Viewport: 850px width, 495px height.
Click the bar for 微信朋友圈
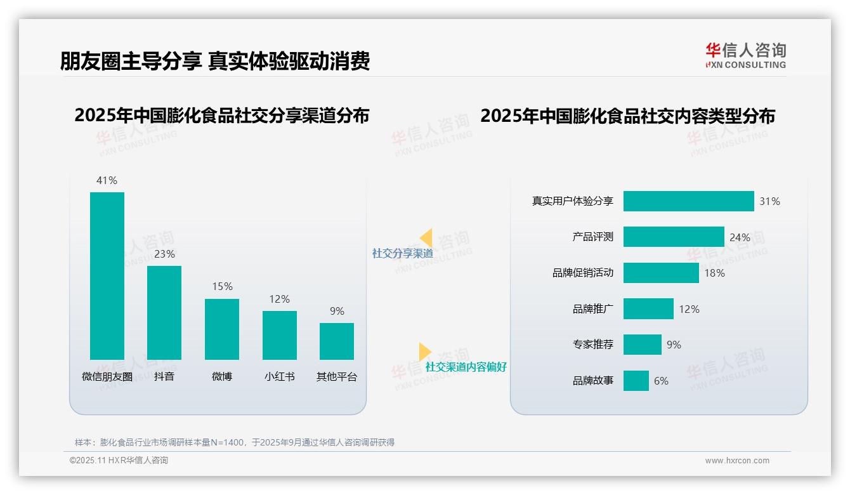pos(107,276)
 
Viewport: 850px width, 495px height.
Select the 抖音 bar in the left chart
pos(164,313)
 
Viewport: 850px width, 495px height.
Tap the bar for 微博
pos(222,329)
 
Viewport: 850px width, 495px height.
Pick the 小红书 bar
pos(280,335)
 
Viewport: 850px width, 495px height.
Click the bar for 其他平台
pos(337,341)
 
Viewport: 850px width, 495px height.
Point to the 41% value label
pos(107,180)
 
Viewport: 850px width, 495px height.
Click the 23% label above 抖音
pos(164,254)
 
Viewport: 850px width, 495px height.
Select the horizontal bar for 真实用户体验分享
pos(688,201)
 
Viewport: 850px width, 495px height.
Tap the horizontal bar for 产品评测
pos(674,237)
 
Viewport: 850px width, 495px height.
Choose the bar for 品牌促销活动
pos(661,273)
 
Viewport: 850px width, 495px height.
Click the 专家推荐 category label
pos(593,345)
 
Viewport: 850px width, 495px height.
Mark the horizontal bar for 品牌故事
pos(636,381)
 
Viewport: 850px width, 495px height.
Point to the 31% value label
pos(769,201)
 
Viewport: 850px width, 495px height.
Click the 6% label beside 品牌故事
pos(661,381)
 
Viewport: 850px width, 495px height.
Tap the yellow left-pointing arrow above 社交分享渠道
pos(426,238)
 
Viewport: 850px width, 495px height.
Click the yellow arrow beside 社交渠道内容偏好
pos(424,352)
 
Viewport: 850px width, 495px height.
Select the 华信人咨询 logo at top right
pos(745,55)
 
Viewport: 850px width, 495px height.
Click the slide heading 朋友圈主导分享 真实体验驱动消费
pos(215,61)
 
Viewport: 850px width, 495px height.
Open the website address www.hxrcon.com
pos(737,461)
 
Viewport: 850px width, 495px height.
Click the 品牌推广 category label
pos(593,309)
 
